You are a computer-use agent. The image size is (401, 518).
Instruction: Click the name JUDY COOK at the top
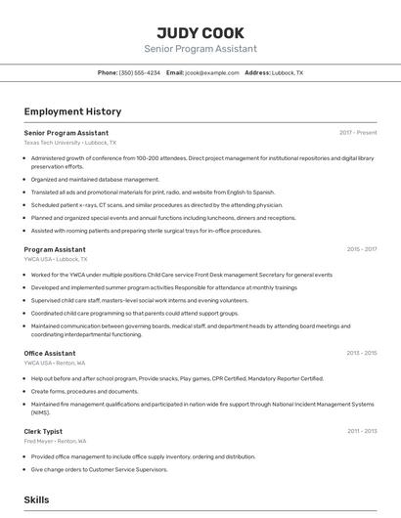[x=200, y=32]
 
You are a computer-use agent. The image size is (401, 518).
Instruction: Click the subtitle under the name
[x=200, y=49]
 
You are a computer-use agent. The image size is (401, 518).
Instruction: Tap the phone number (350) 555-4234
[x=140, y=72]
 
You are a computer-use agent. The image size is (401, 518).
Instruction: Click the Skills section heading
[x=36, y=499]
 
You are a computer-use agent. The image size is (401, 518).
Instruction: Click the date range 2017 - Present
[x=358, y=132]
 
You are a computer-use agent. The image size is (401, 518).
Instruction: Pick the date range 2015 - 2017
[x=361, y=249]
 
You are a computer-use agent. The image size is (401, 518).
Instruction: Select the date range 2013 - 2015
[x=361, y=353]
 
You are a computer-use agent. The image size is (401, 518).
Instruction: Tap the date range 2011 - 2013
[x=361, y=430]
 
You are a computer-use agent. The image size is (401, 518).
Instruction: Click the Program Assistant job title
[x=55, y=249]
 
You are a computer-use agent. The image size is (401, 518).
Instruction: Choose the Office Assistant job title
[x=50, y=353]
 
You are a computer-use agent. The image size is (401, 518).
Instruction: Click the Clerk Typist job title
[x=43, y=430]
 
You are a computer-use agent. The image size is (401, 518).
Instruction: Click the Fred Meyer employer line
[x=55, y=441]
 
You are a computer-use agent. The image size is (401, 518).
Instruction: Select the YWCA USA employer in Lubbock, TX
[x=56, y=259]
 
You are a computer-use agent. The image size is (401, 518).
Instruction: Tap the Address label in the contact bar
[x=257, y=72]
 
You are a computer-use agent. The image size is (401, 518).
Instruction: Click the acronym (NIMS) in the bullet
[x=41, y=411]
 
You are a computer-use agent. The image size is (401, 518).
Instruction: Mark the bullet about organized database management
[x=95, y=179]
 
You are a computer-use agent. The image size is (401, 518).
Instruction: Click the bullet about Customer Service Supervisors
[x=101, y=468]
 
